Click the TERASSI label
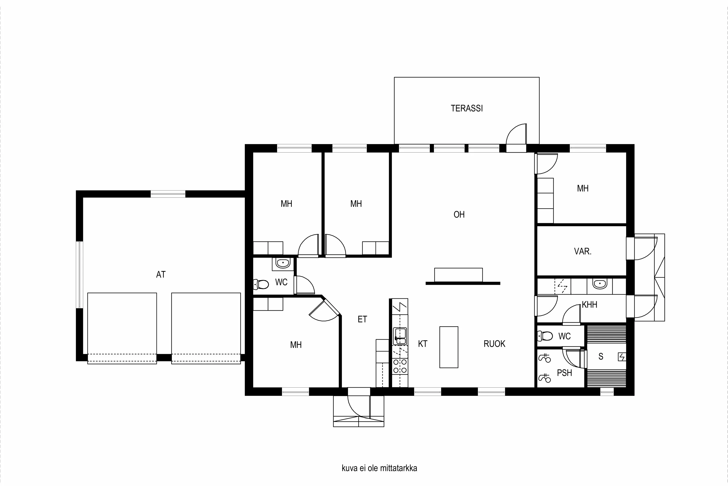pos(466,108)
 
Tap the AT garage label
pos(161,274)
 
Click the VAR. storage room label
pos(583,251)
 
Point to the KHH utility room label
pos(589,305)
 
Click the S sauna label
pos(601,356)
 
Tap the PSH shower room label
pos(564,373)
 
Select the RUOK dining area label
pos(494,344)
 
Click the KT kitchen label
pos(422,344)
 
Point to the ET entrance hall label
pos(362,319)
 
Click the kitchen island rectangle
pos(448,347)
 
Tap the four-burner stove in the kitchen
pos(400,366)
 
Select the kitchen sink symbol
pos(400,336)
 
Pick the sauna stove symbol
pos(621,357)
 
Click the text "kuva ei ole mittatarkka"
pos(379,468)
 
